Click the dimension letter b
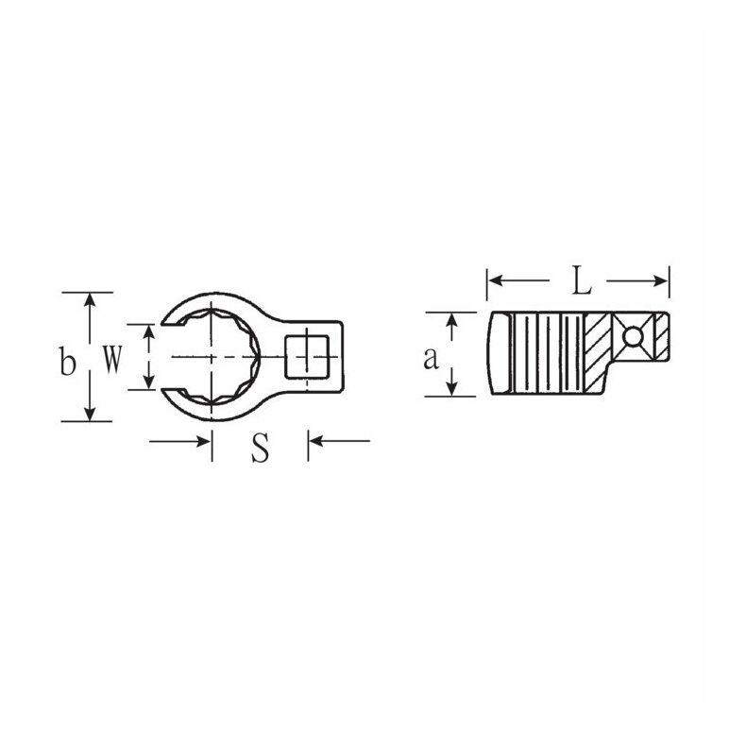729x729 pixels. pos(67,361)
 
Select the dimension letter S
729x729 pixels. pos(261,449)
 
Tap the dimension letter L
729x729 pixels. pos(581,280)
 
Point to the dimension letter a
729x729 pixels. pos(431,359)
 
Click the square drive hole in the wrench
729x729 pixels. pos(307,357)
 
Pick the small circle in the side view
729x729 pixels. pos(633,336)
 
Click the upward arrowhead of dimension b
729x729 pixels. pos(90,299)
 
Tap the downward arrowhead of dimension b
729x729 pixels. pos(90,415)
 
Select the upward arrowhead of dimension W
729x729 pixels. pos(148,331)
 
